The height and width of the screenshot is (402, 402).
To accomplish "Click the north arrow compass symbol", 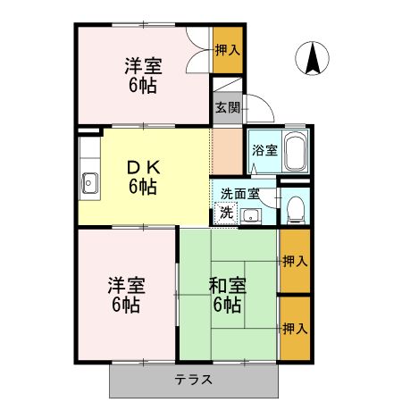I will pos(314,60).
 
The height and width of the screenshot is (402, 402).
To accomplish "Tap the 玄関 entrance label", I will pos(227,108).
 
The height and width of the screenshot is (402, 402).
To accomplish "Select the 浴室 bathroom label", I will pos(264,150).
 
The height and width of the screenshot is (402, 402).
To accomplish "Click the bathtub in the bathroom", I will pos(297,151).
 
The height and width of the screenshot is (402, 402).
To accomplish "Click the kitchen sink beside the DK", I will pos(89,184).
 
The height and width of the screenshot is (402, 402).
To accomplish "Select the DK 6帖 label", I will pos(143,178).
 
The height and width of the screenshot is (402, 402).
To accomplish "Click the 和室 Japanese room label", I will pos(227,296).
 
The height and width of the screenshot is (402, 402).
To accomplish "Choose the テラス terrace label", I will pos(194,379).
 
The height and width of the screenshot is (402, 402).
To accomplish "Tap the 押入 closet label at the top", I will pos(228,49).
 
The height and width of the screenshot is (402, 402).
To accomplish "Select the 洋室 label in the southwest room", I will pos(125,296).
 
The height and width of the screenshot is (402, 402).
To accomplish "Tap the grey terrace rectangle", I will pos(143,380).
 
